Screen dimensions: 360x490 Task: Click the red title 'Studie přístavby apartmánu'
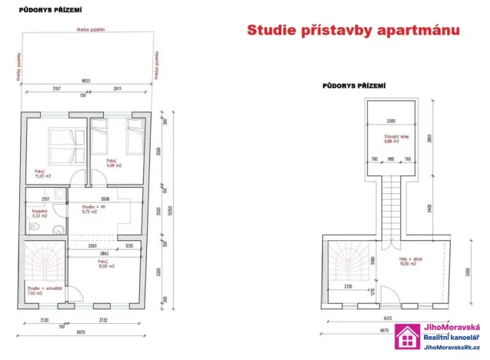tap(352, 32)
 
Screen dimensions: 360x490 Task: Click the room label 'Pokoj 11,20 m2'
tap(42, 173)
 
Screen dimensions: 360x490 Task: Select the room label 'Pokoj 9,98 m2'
tap(104, 163)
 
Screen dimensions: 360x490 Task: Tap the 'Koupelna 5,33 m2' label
tap(37, 215)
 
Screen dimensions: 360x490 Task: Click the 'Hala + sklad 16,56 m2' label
tap(410, 262)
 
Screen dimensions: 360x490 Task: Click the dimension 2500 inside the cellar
tap(392, 121)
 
